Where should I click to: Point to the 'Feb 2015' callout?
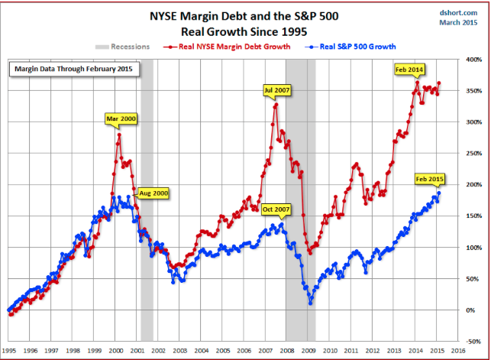(429, 179)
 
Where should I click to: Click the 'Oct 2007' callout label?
(276, 209)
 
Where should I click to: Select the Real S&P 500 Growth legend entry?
(354, 47)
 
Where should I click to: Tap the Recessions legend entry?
(126, 47)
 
